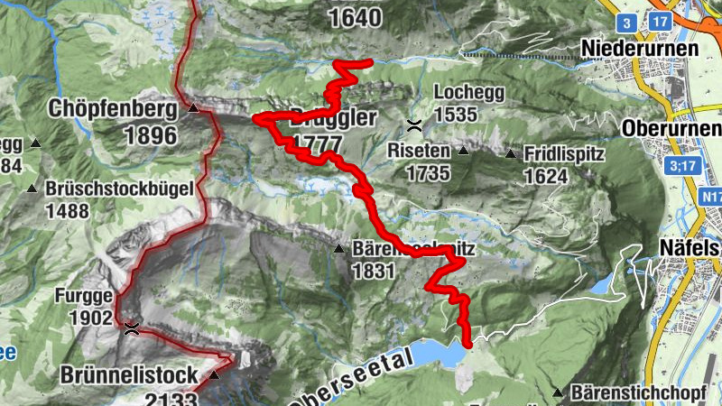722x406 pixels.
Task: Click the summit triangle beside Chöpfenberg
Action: point(193,109)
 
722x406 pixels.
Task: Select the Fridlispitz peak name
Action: point(563,154)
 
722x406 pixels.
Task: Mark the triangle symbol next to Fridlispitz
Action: point(513,154)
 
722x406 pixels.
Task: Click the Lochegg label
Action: point(467,92)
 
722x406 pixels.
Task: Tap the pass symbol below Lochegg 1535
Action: point(413,124)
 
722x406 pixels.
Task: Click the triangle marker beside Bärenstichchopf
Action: point(559,393)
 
